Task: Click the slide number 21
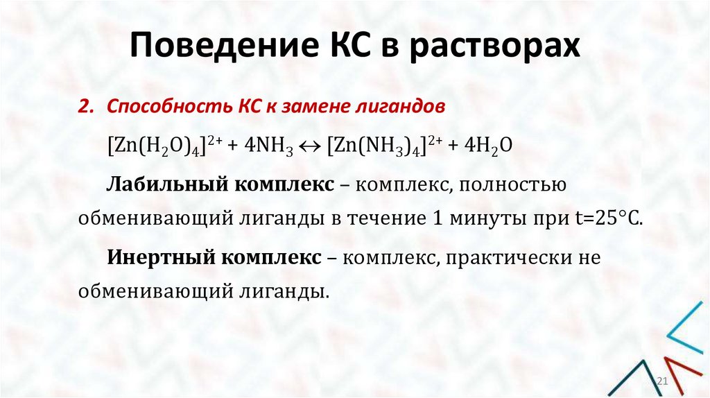pos(661,383)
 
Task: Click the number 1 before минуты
pos(437,218)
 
